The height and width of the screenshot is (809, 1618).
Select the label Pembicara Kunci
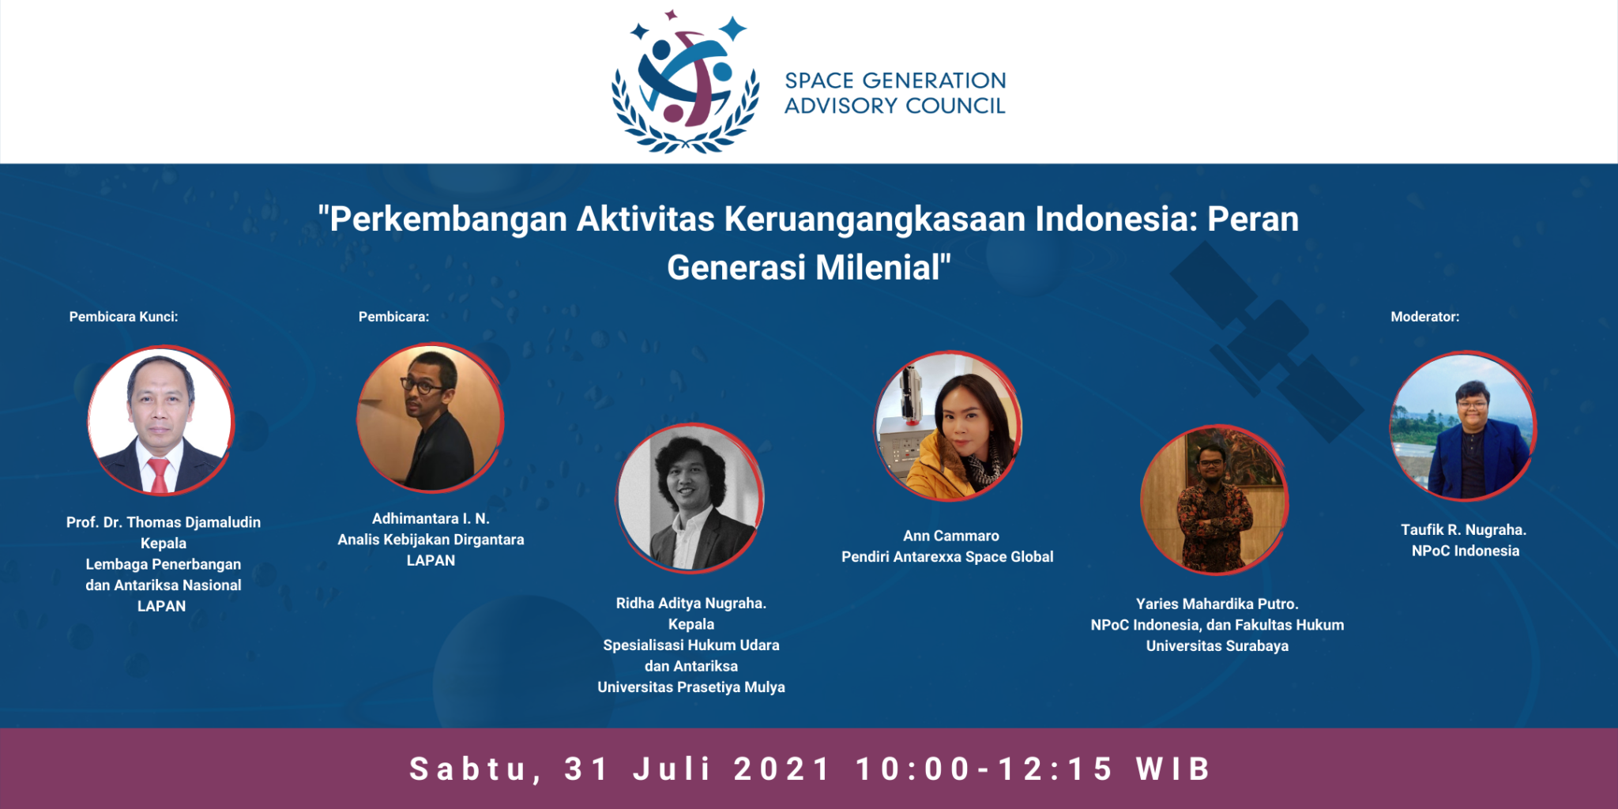[x=123, y=317]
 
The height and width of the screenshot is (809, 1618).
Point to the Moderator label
[x=1424, y=317]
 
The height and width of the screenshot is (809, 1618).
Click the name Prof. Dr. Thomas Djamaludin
[x=164, y=522]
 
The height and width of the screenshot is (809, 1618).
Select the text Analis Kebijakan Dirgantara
[x=431, y=540]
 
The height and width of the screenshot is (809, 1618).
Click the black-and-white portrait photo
[x=690, y=498]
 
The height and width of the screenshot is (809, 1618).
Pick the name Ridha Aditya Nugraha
[x=691, y=604]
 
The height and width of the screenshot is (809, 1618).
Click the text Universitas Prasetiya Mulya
[x=691, y=687]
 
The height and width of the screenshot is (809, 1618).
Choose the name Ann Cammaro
[x=951, y=536]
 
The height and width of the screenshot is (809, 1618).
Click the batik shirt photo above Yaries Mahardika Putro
[x=1214, y=499]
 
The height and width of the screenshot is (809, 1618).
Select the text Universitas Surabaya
[x=1217, y=646]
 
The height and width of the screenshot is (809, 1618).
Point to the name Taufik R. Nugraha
[x=1464, y=530]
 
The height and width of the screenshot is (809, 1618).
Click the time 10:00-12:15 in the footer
[x=984, y=769]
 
